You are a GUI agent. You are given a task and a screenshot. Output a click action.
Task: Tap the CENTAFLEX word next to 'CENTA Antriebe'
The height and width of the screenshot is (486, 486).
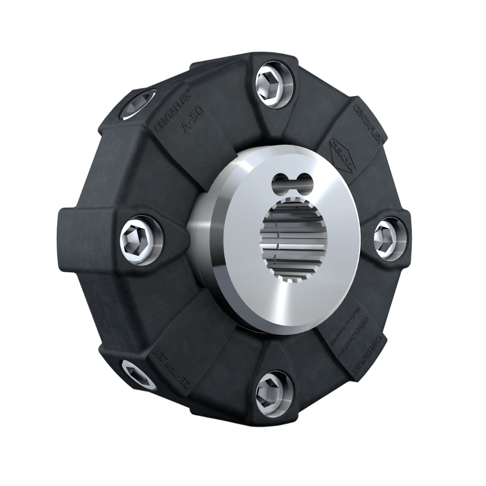tap(372, 356)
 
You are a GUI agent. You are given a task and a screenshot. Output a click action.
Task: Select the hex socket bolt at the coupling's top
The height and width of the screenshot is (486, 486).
tap(271, 82)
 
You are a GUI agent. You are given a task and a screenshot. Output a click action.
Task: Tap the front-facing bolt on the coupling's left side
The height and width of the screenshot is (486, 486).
tap(138, 238)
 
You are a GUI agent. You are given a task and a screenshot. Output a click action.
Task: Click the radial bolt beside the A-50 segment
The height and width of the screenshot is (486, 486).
tap(138, 104)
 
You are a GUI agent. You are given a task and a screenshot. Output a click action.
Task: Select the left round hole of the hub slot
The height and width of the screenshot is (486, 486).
tap(279, 181)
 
